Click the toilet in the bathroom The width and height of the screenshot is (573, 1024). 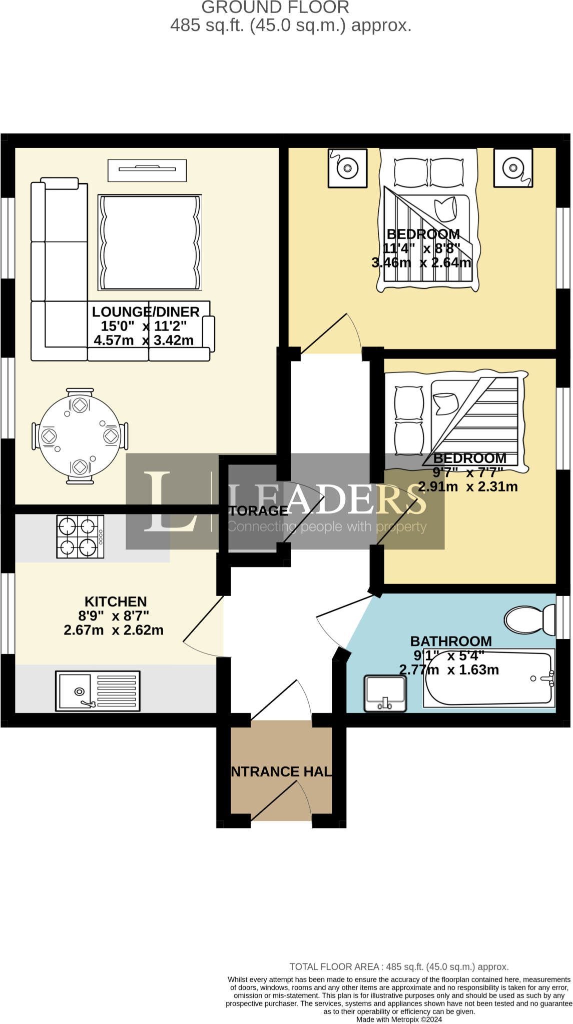pos(528,620)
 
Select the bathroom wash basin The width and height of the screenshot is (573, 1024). pos(385,693)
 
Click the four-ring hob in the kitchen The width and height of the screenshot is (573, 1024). pos(80,536)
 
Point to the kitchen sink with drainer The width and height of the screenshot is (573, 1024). pos(98,691)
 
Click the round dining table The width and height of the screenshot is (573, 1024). pos(80,435)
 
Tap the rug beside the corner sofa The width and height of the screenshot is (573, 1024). pos(150,242)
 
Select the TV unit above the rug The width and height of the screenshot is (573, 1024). pos(147,170)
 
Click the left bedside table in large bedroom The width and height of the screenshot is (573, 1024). pos(347,168)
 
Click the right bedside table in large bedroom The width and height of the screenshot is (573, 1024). pos(513,168)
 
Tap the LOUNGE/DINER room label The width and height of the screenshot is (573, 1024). pos(146,312)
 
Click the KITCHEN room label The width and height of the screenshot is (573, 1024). pos(116,601)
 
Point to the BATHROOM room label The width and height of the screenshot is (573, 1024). pos(451,641)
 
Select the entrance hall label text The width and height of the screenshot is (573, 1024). pos(281,771)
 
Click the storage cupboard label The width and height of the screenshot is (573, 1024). pos(258,511)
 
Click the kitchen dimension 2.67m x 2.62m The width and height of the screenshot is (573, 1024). pos(114,630)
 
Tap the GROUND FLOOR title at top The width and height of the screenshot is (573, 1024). pos(275,7)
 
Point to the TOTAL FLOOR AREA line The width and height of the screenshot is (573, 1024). pos(399,967)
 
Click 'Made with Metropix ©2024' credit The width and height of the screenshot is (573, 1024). pos(399,1019)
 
